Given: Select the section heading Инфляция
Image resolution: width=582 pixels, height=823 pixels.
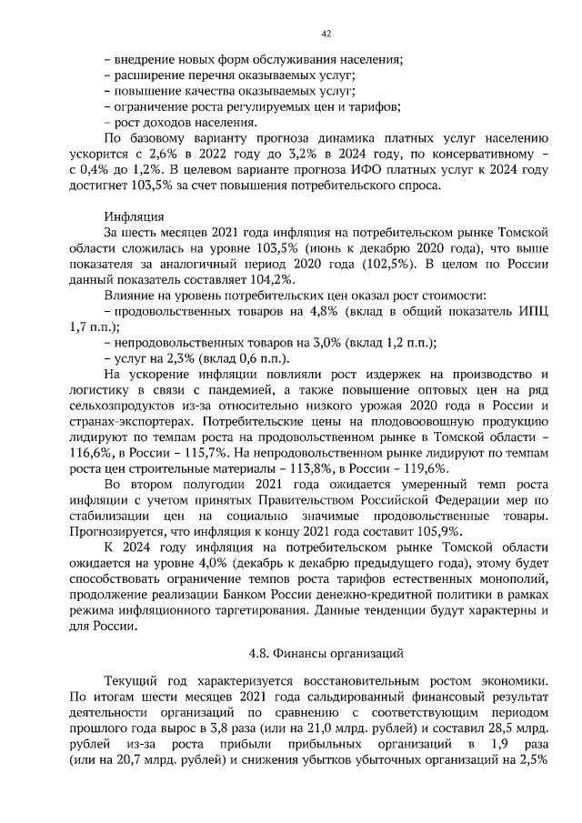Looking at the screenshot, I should click(x=134, y=216).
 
